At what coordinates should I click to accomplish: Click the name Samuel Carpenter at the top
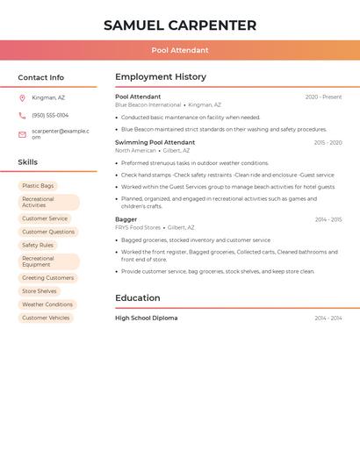click(180, 25)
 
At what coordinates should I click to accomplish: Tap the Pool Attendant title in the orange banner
click(180, 50)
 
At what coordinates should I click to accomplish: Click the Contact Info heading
click(41, 77)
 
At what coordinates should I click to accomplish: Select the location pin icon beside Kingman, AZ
click(22, 97)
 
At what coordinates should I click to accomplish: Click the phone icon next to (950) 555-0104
click(22, 115)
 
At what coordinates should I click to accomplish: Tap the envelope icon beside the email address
click(22, 134)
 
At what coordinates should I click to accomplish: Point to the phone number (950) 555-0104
click(50, 115)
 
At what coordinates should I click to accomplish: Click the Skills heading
click(28, 162)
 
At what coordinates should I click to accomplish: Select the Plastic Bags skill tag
click(38, 186)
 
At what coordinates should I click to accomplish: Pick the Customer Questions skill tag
click(48, 232)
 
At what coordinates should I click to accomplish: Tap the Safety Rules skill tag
click(38, 245)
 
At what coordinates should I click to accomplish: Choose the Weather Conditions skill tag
click(47, 304)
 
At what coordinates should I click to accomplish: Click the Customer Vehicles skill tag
click(46, 318)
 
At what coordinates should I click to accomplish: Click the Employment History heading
click(161, 77)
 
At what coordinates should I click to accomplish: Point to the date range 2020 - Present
click(323, 97)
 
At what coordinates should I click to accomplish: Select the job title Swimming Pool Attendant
click(155, 142)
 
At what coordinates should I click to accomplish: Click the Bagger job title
click(126, 219)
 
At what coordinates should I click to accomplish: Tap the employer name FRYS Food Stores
click(138, 227)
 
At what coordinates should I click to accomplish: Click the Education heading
click(138, 298)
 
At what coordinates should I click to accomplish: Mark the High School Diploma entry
click(147, 318)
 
